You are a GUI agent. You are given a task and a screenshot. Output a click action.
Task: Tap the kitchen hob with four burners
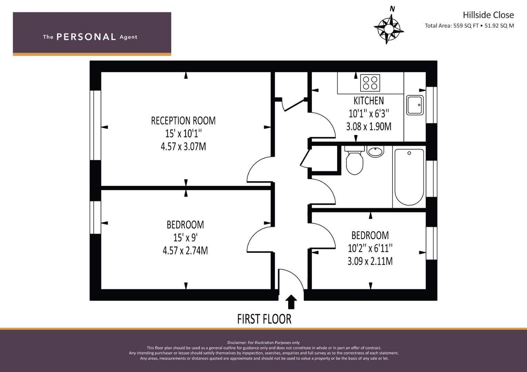point(370,83)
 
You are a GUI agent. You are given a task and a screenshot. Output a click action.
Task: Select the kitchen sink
point(414,105)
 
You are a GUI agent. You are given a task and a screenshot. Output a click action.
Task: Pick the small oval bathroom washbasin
point(375,151)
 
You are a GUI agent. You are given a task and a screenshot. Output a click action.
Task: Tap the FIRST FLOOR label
point(264,319)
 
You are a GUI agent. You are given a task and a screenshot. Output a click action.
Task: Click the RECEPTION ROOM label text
point(183,121)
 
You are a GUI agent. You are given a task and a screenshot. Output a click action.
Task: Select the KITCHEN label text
point(369,101)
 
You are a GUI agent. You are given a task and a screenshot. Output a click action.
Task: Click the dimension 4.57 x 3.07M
point(183,147)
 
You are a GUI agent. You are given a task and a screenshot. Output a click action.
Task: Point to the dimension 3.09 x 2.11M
point(370,261)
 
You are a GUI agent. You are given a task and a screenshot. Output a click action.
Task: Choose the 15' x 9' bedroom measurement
point(185,237)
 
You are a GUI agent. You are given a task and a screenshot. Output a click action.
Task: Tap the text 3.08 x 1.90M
point(369,126)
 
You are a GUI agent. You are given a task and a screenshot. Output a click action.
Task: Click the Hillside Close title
point(488,15)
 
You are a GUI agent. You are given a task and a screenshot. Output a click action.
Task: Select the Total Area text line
point(469,25)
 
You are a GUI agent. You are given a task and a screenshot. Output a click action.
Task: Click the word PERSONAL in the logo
point(86,37)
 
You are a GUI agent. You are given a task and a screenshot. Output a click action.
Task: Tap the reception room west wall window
point(95,125)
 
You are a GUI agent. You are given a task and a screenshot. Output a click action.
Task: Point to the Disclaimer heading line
point(263,342)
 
